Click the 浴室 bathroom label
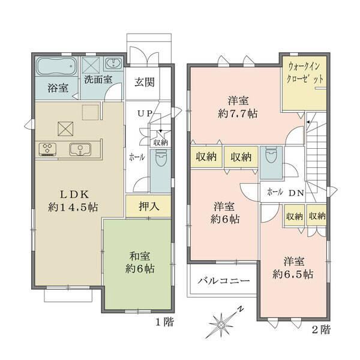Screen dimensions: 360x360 pyautogui.click(x=58, y=88)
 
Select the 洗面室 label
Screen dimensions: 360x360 pyautogui.click(x=98, y=79)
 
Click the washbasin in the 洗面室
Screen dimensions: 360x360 pyautogui.click(x=113, y=64)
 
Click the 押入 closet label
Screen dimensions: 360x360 pyautogui.click(x=149, y=206)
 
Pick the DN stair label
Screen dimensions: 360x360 pyautogui.click(x=296, y=193)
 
